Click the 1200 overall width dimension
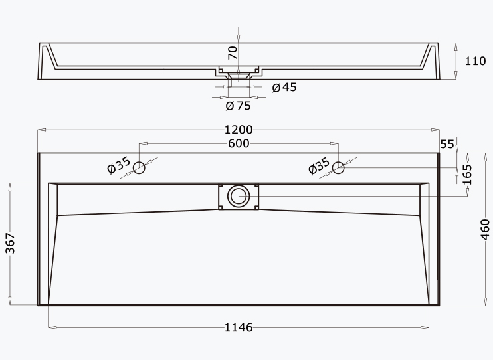239,130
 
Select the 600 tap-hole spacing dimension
239,143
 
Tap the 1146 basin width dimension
239,327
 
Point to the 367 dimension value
10,243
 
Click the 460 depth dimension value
486,230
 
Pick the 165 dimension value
467,175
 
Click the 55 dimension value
447,144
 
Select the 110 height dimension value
476,61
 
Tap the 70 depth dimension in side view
233,53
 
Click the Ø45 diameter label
284,87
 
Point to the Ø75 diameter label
239,106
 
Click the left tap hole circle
139,167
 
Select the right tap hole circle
338,167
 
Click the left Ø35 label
118,165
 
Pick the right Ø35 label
319,165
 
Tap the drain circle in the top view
239,196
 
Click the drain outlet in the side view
239,76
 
